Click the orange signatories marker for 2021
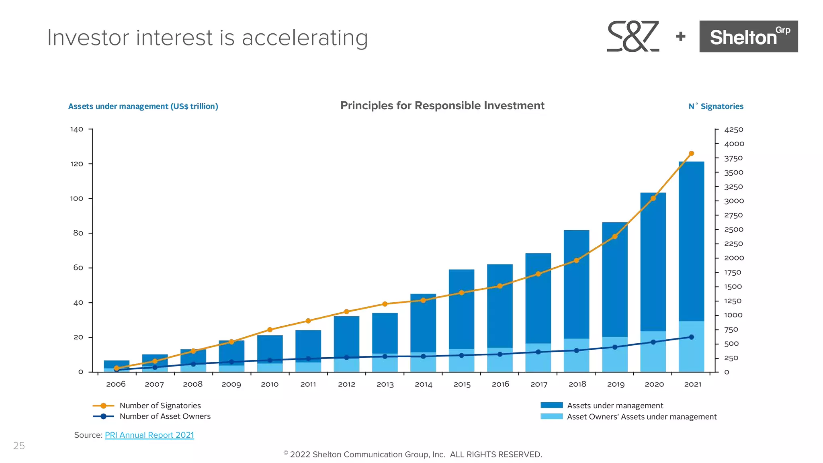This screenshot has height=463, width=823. [691, 154]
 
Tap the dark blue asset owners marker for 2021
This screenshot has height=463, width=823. [691, 337]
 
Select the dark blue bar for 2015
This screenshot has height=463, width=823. [461, 309]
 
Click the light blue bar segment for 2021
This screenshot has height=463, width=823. [691, 346]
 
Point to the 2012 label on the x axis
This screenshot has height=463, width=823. [346, 384]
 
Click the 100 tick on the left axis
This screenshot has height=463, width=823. [77, 199]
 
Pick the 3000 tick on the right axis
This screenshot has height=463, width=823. [734, 201]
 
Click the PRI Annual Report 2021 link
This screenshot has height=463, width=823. [149, 435]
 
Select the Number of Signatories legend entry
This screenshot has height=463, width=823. [160, 406]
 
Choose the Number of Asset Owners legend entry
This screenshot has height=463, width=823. [165, 416]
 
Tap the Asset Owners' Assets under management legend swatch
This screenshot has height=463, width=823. [551, 417]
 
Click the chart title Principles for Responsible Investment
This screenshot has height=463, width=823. [442, 106]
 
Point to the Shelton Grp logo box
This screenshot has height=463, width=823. [748, 37]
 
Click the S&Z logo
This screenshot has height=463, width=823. [633, 37]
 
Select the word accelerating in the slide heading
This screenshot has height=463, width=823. [305, 38]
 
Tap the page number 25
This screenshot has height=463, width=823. [19, 446]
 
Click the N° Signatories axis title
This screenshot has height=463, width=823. [716, 107]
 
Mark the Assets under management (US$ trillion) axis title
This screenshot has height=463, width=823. [143, 107]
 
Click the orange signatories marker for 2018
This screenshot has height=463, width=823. [576, 260]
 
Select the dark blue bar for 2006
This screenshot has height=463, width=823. [117, 363]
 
